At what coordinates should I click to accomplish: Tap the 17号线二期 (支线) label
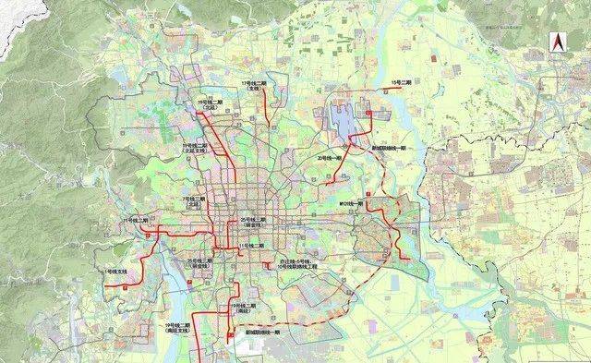tap(253, 86)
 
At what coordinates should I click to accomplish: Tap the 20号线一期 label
tap(331, 158)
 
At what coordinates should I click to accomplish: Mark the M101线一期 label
tap(353, 202)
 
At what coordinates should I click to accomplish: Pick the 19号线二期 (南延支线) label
tap(177, 328)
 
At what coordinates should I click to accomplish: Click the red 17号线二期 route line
tap(266, 106)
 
